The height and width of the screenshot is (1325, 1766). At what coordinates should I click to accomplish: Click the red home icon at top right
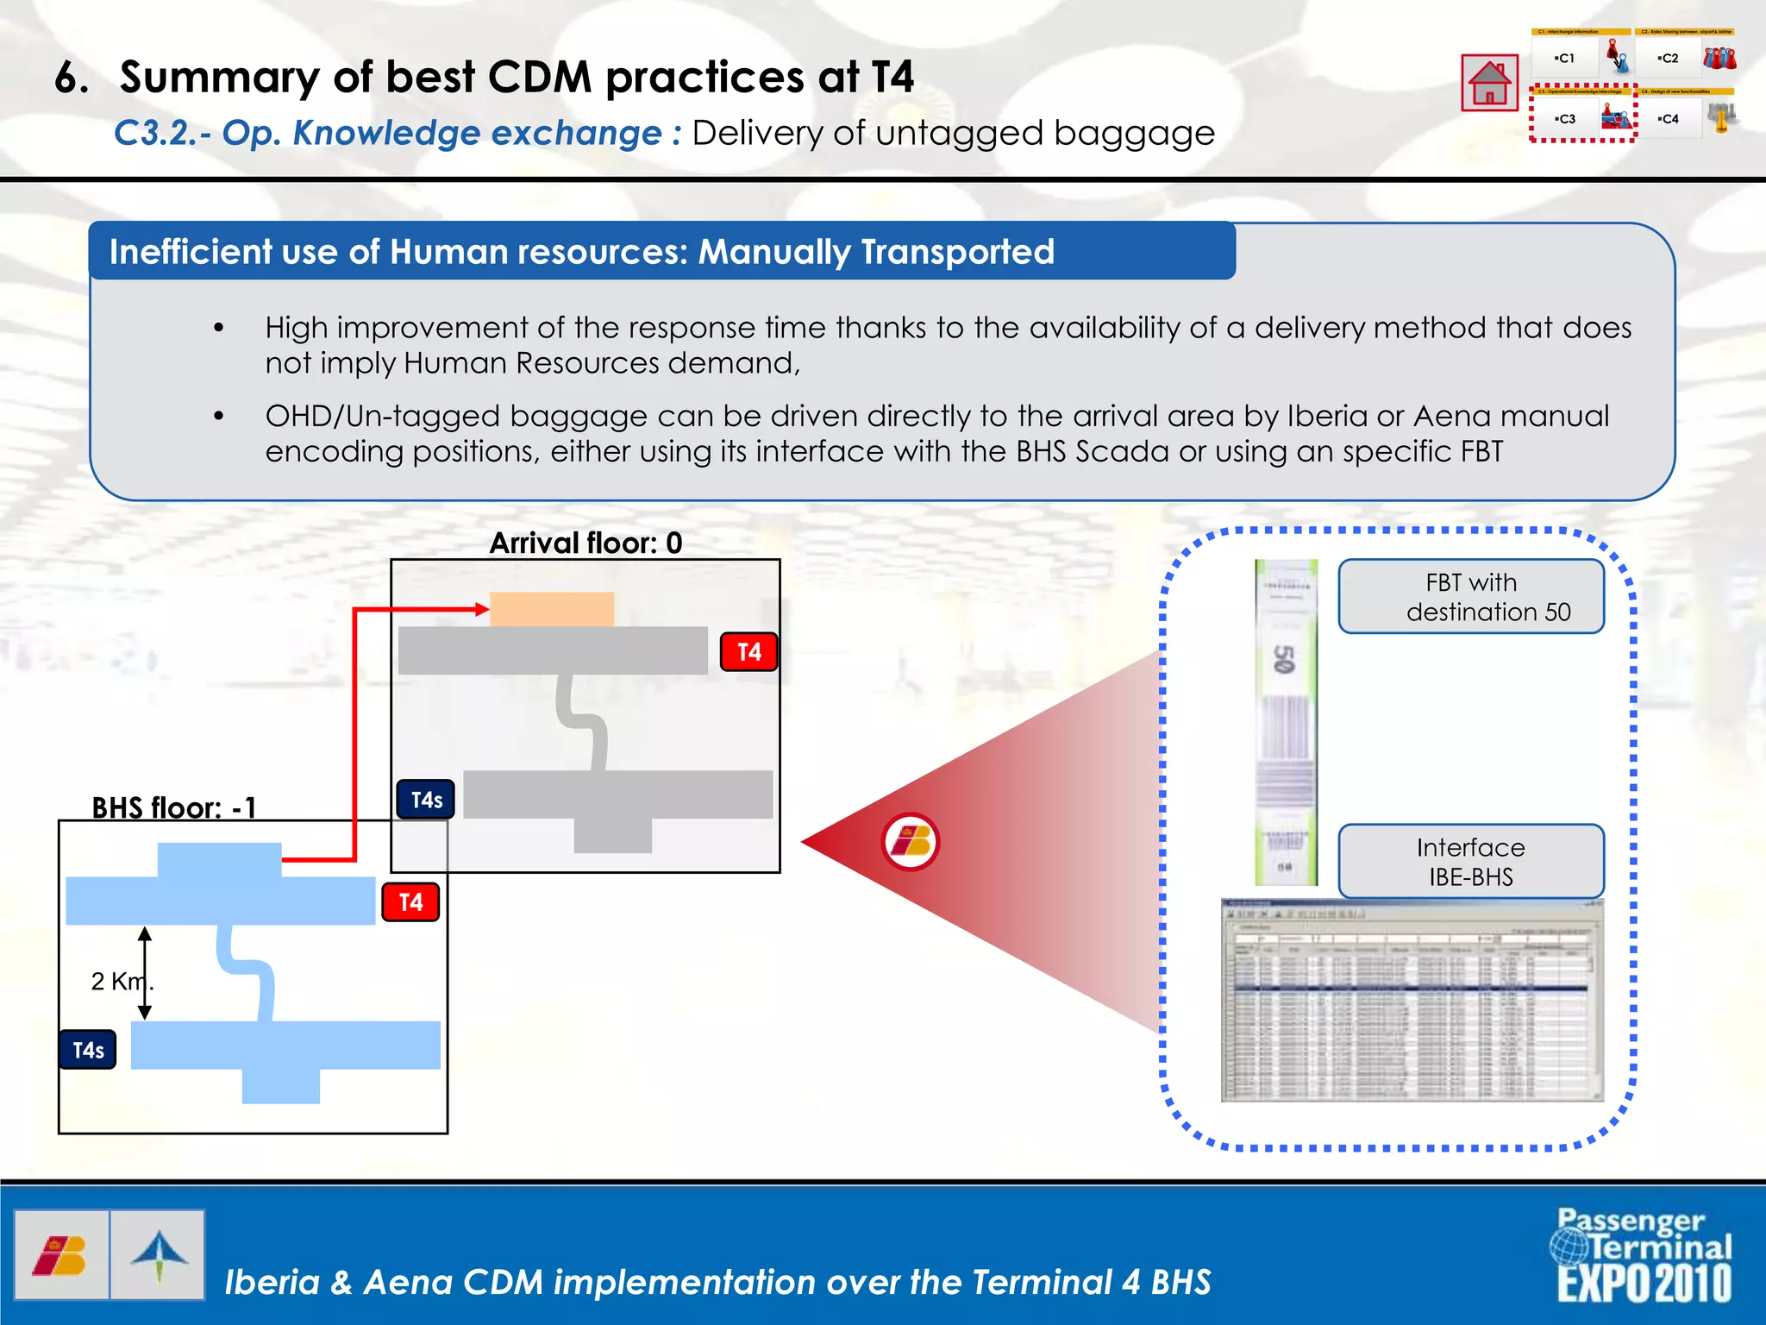pyautogui.click(x=1489, y=83)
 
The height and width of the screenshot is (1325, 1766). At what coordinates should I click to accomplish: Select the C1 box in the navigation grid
pyautogui.click(x=1564, y=59)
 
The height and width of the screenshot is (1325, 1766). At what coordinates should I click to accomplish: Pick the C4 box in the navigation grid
pyautogui.click(x=1669, y=119)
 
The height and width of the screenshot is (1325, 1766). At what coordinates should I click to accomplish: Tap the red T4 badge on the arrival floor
pyautogui.click(x=749, y=652)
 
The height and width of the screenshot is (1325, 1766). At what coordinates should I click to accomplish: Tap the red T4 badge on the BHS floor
pyautogui.click(x=410, y=902)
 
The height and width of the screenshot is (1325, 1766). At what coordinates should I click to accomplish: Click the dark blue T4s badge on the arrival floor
pyautogui.click(x=426, y=800)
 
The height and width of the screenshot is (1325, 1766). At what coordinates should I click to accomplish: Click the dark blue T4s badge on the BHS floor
pyautogui.click(x=88, y=1050)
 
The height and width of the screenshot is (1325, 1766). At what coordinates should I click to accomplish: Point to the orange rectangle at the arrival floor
pyautogui.click(x=552, y=609)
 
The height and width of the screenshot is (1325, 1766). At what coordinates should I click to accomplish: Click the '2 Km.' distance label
pyautogui.click(x=122, y=981)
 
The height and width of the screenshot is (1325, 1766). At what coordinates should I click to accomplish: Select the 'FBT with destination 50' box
pyautogui.click(x=1471, y=597)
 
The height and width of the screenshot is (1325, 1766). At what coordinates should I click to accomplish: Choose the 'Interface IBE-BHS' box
pyautogui.click(x=1471, y=862)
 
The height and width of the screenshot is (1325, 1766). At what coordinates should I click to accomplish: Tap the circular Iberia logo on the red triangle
pyautogui.click(x=911, y=842)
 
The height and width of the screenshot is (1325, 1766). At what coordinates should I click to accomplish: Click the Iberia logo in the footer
pyautogui.click(x=60, y=1254)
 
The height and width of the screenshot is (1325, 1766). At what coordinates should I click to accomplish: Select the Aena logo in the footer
pyautogui.click(x=159, y=1254)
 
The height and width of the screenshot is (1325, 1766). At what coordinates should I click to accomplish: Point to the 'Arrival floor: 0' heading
pyautogui.click(x=586, y=543)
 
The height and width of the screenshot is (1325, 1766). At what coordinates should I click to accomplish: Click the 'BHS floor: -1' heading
pyautogui.click(x=173, y=807)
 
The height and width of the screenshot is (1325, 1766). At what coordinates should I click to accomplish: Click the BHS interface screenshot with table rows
pyautogui.click(x=1412, y=1001)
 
